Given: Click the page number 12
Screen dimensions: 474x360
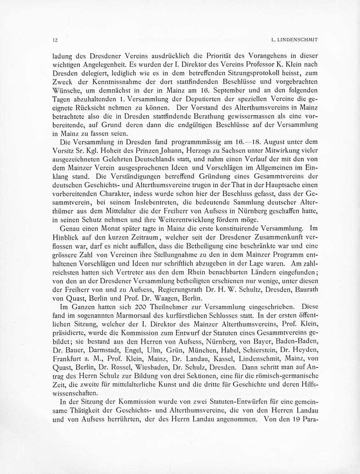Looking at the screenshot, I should coord(55,40).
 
